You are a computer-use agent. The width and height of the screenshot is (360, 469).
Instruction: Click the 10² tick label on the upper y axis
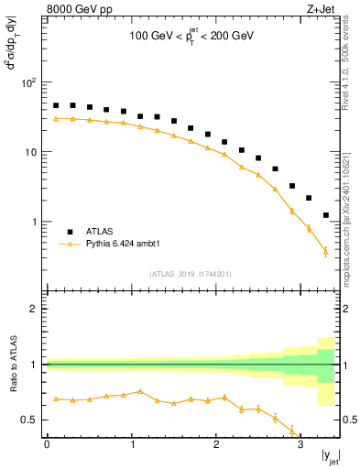(x=27, y=82)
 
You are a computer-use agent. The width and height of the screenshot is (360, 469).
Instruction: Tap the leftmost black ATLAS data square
(x=56, y=105)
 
